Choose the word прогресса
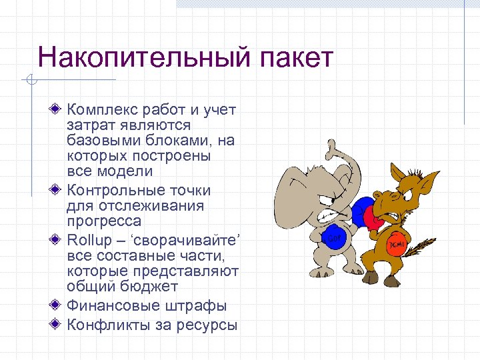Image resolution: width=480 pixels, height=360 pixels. click(103, 221)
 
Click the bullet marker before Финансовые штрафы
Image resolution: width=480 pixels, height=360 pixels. click(57, 306)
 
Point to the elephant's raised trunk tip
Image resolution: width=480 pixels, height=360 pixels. click(331, 146)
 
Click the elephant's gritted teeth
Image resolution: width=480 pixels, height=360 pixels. click(329, 215)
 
